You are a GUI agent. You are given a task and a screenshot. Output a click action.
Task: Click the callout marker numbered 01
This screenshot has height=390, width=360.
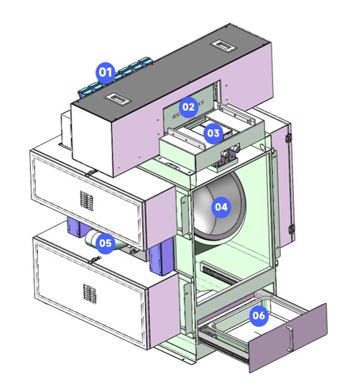click(x=106, y=72)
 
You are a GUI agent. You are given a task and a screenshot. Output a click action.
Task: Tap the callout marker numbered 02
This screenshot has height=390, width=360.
click(x=188, y=107)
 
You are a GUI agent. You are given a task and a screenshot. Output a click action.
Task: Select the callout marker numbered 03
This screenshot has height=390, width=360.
click(x=213, y=134)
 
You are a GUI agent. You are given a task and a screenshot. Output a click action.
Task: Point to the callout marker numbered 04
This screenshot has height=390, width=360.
click(x=221, y=207)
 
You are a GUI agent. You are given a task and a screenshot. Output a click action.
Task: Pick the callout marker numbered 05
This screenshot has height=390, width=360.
click(x=105, y=243)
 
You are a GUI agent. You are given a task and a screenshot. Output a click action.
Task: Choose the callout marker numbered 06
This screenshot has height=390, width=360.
click(x=259, y=315)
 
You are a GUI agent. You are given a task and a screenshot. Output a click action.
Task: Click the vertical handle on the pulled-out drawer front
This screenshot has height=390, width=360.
click(x=290, y=338)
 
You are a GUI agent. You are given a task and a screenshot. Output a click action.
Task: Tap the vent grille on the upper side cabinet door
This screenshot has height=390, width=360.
click(x=86, y=200)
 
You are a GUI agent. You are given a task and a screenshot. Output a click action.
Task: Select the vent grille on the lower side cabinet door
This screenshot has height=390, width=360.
click(x=90, y=294)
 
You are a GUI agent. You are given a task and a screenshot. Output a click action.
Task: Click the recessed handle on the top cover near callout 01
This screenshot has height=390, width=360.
click(x=117, y=98)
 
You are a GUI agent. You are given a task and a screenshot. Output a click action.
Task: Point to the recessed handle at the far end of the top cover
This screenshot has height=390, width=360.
click(x=221, y=45)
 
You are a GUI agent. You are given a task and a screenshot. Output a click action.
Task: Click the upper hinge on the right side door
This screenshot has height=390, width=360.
click(x=289, y=137)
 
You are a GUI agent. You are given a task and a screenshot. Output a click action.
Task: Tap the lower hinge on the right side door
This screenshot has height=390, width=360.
click(x=292, y=229)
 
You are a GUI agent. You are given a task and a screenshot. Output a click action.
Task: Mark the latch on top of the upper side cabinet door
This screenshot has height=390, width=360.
click(x=91, y=172)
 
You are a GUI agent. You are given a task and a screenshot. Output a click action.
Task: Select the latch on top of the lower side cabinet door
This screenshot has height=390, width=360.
click(x=96, y=259)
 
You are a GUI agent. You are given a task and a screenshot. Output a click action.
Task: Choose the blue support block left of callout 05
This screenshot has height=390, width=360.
click(x=77, y=227)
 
